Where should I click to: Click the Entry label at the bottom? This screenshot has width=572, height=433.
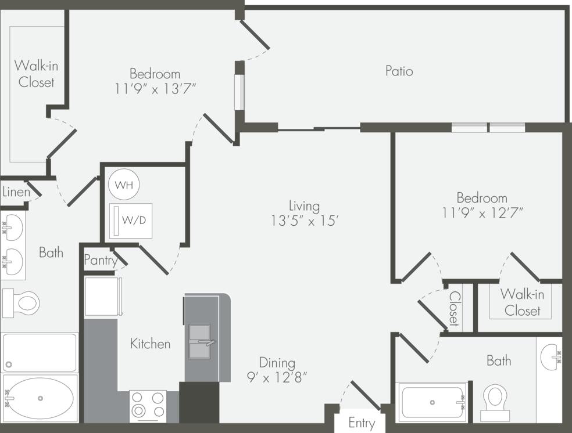point(361,423)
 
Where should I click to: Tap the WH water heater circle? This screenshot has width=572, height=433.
point(124,185)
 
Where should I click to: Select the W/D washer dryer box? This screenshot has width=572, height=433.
point(131,221)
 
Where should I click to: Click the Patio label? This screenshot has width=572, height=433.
point(399,71)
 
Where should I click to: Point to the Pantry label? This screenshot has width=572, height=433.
point(101,260)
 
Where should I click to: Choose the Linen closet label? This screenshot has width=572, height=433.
point(16,192)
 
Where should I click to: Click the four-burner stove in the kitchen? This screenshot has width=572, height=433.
point(148,406)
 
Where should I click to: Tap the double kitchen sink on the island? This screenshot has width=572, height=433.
point(199,342)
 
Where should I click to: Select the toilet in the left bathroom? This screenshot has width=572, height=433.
point(21,303)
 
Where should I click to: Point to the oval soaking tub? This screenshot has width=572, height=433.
point(40,398)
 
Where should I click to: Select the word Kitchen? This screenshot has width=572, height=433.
point(150,344)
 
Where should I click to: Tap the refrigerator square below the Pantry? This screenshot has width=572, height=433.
point(103,296)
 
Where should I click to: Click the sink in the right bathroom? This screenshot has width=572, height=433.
point(550,356)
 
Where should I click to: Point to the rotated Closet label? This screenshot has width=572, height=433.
point(454,308)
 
